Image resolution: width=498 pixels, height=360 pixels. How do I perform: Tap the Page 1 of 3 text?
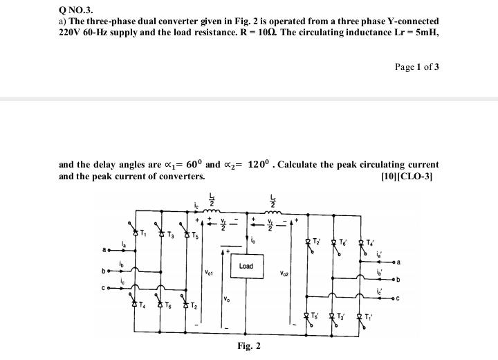tap(416, 66)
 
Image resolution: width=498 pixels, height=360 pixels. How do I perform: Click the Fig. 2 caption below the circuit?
tap(248, 345)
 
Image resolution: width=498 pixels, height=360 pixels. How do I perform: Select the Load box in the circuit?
tap(246, 266)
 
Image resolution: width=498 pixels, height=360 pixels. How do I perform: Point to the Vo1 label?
tap(207, 273)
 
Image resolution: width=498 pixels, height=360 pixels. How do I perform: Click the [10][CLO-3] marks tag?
tap(409, 176)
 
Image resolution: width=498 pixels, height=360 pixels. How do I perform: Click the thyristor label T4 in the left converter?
tap(142, 305)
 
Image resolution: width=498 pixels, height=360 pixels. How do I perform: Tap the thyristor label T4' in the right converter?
tap(371, 242)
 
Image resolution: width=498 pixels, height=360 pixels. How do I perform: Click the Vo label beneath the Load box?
tap(227, 299)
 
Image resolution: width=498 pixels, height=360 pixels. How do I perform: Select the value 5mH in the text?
tap(426, 33)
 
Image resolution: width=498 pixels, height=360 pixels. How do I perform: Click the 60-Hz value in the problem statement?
tap(98, 33)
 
